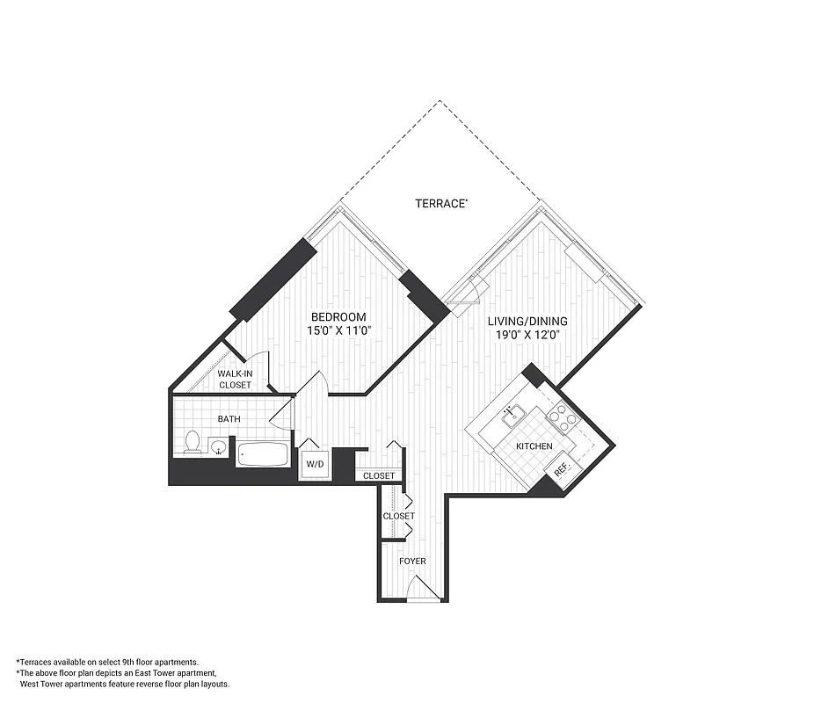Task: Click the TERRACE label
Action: coord(440,203)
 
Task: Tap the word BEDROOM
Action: coord(338,317)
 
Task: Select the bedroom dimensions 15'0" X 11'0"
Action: coord(338,333)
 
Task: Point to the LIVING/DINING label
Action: coord(527,321)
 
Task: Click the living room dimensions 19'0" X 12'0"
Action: coord(525,335)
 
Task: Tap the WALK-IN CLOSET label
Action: coord(235,380)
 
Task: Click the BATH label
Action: coord(229,419)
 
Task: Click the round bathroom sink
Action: coord(219,449)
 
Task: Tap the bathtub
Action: coord(263,454)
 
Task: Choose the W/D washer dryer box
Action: coord(315,464)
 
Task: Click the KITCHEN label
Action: coord(534,446)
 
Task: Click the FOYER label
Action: coord(412,560)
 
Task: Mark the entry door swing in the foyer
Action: coord(421,588)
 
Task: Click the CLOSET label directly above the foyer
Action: coord(398,516)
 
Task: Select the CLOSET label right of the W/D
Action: coord(379,475)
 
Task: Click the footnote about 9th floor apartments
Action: coord(107,661)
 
